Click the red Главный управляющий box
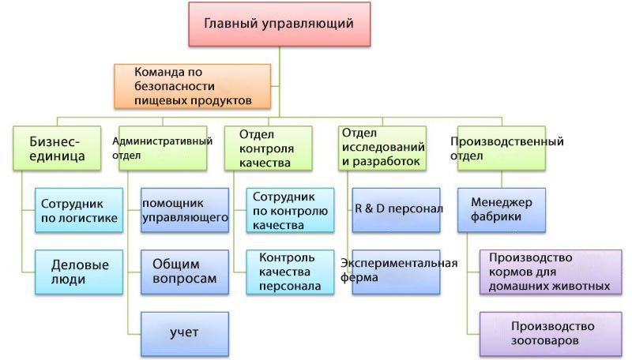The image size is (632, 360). [280, 24]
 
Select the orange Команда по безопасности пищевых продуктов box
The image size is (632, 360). [192, 86]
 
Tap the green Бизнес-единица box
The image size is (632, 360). [57, 148]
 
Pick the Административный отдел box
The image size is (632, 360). [163, 148]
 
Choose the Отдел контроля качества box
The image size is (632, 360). [269, 148]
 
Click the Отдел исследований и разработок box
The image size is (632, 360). [382, 148]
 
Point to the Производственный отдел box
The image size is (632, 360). [502, 148]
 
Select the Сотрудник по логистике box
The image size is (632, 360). [79, 210]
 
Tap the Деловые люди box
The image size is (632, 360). [79, 272]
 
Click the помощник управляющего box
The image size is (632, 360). [185, 210]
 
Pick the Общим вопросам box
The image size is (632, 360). [185, 272]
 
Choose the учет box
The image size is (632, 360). [185, 334]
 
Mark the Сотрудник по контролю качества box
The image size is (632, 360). [290, 210]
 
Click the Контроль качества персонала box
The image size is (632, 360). [290, 272]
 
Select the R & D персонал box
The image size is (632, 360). [396, 210]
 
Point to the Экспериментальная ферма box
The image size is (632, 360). [396, 272]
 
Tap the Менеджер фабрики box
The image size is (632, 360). [502, 210]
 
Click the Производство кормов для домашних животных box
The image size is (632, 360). [551, 272]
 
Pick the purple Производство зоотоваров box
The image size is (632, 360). [551, 334]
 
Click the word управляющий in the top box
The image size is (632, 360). [307, 24]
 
